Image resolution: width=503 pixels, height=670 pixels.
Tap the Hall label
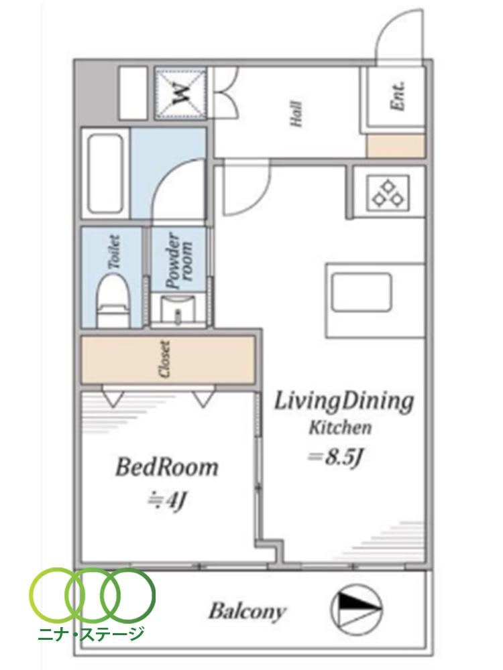296,114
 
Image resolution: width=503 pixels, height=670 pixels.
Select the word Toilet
114,251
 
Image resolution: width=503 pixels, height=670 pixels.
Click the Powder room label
180,261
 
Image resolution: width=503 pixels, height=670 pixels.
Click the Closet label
165,359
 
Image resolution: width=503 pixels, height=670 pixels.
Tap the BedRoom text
167,467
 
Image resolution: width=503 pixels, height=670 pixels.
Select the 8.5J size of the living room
336,458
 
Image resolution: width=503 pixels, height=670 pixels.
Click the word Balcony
247,612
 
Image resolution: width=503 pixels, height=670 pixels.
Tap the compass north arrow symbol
357,608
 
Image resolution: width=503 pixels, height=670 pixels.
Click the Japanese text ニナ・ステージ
91,633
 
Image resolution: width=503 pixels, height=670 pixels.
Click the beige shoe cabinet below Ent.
396,145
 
